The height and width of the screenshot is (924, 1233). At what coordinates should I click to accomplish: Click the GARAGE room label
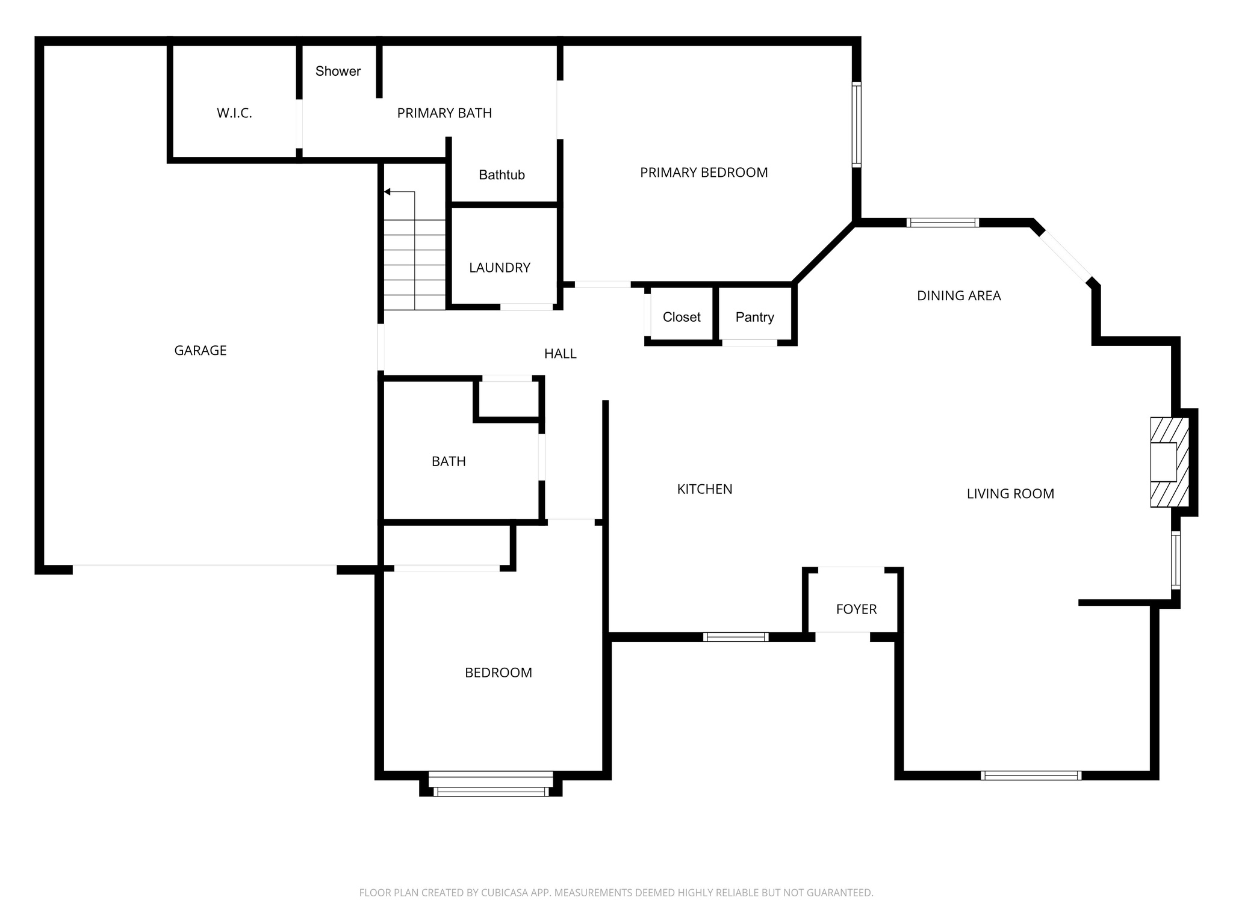200,351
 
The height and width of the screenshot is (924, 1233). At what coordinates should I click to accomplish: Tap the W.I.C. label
234,113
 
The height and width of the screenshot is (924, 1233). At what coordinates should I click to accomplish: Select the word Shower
338,71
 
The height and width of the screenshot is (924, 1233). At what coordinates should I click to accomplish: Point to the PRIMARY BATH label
444,113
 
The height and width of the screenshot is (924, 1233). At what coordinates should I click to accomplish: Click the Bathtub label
502,175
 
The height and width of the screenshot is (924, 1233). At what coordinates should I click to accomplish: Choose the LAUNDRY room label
500,268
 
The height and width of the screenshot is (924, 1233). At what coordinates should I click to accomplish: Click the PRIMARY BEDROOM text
704,173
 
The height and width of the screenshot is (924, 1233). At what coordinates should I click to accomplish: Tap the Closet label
682,317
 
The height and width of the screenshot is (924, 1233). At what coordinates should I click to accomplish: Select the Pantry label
754,317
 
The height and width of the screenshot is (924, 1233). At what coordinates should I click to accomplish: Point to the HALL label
560,354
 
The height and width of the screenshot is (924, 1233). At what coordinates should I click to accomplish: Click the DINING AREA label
958,295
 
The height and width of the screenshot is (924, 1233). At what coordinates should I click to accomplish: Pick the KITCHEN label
704,489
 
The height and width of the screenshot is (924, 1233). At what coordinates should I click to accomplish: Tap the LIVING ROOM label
1010,494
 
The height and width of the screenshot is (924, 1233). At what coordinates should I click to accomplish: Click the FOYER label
856,609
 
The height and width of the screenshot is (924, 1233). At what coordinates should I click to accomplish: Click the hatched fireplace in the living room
1170,462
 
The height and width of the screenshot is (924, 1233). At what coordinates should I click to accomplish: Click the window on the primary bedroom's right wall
856,124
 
